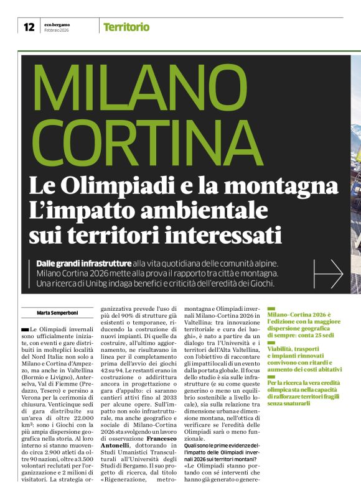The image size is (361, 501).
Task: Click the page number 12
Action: [29, 27]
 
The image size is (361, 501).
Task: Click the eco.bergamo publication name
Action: [57, 24]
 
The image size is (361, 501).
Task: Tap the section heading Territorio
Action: [126, 27]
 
